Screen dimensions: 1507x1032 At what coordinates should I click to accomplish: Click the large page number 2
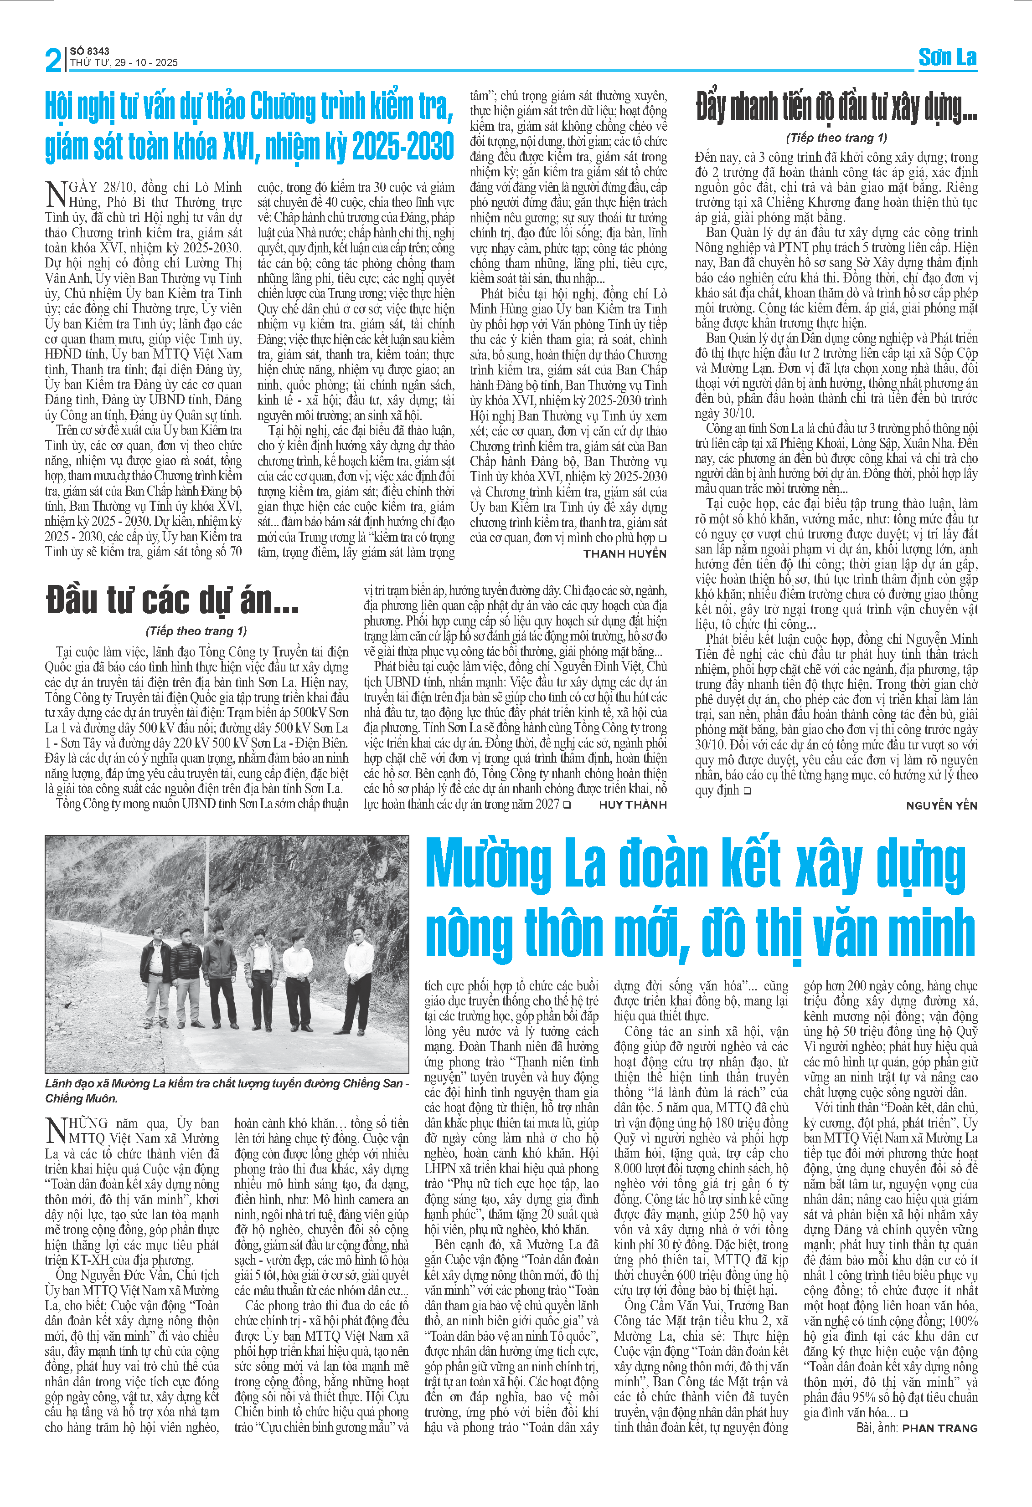point(54,60)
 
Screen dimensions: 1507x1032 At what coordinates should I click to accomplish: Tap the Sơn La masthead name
point(947,58)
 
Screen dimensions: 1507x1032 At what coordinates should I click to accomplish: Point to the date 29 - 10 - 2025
point(146,63)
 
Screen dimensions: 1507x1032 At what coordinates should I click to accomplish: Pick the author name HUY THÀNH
point(632,805)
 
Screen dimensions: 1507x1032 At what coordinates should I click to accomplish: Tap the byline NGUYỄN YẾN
point(941,805)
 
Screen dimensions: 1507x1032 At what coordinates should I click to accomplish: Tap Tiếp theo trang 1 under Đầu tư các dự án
point(196,631)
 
